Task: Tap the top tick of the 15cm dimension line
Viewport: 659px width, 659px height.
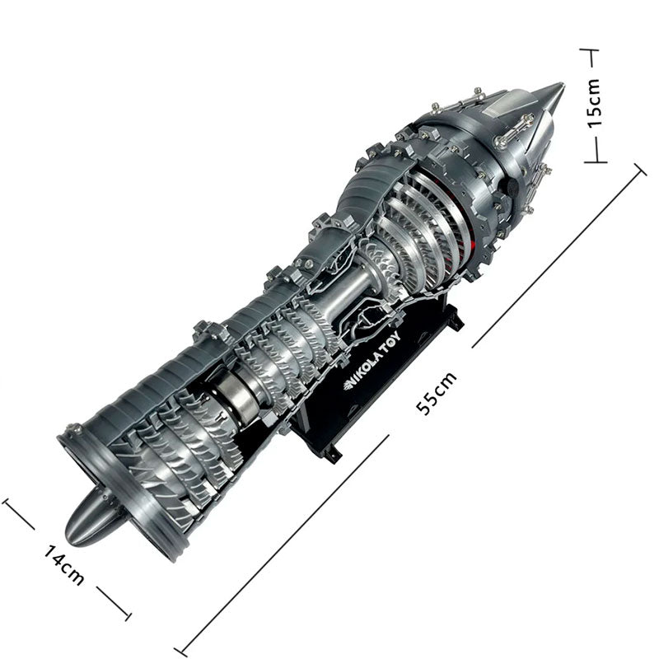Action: point(590,51)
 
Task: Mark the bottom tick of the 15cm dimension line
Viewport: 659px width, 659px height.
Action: point(596,161)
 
